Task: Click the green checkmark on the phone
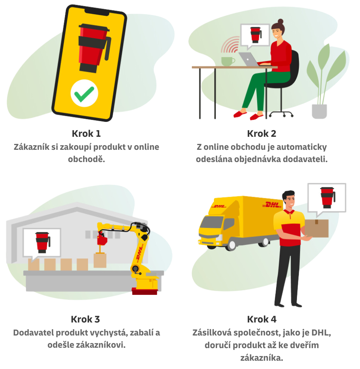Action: pos(84,93)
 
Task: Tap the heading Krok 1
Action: pos(86,134)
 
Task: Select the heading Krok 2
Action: pos(262,134)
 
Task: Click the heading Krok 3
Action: pos(86,319)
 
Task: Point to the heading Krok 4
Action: pos(262,319)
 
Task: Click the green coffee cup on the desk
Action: pos(227,61)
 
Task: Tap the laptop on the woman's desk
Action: pos(248,60)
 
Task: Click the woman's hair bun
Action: pos(280,21)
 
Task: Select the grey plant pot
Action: pos(319,111)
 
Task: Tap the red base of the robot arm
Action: pos(145,291)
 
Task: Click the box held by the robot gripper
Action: pos(100,260)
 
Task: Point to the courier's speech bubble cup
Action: pos(327,197)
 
